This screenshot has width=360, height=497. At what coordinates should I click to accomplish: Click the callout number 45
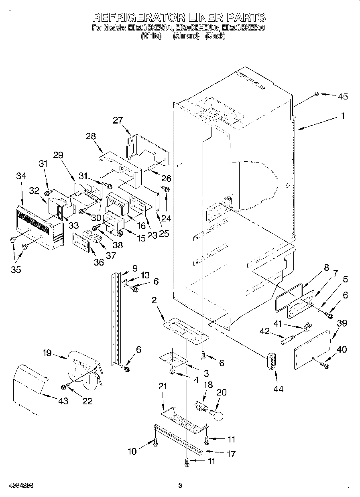click(342, 96)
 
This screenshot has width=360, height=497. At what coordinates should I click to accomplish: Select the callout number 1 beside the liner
click(343, 116)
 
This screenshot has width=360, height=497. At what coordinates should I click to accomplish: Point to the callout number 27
click(118, 120)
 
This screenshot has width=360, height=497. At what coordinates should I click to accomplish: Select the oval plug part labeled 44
click(272, 363)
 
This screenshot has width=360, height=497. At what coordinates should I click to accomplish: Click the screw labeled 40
click(324, 365)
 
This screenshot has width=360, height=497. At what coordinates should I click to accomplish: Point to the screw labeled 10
click(155, 442)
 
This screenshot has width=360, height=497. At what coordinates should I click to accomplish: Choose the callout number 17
click(231, 454)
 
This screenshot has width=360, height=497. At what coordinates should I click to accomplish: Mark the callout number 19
click(47, 353)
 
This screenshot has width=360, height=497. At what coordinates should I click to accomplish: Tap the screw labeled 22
click(64, 386)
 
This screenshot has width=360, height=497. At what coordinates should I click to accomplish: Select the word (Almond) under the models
click(186, 36)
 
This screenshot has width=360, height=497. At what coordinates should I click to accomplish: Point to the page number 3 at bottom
click(180, 486)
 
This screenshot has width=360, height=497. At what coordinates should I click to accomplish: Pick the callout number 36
click(98, 262)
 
